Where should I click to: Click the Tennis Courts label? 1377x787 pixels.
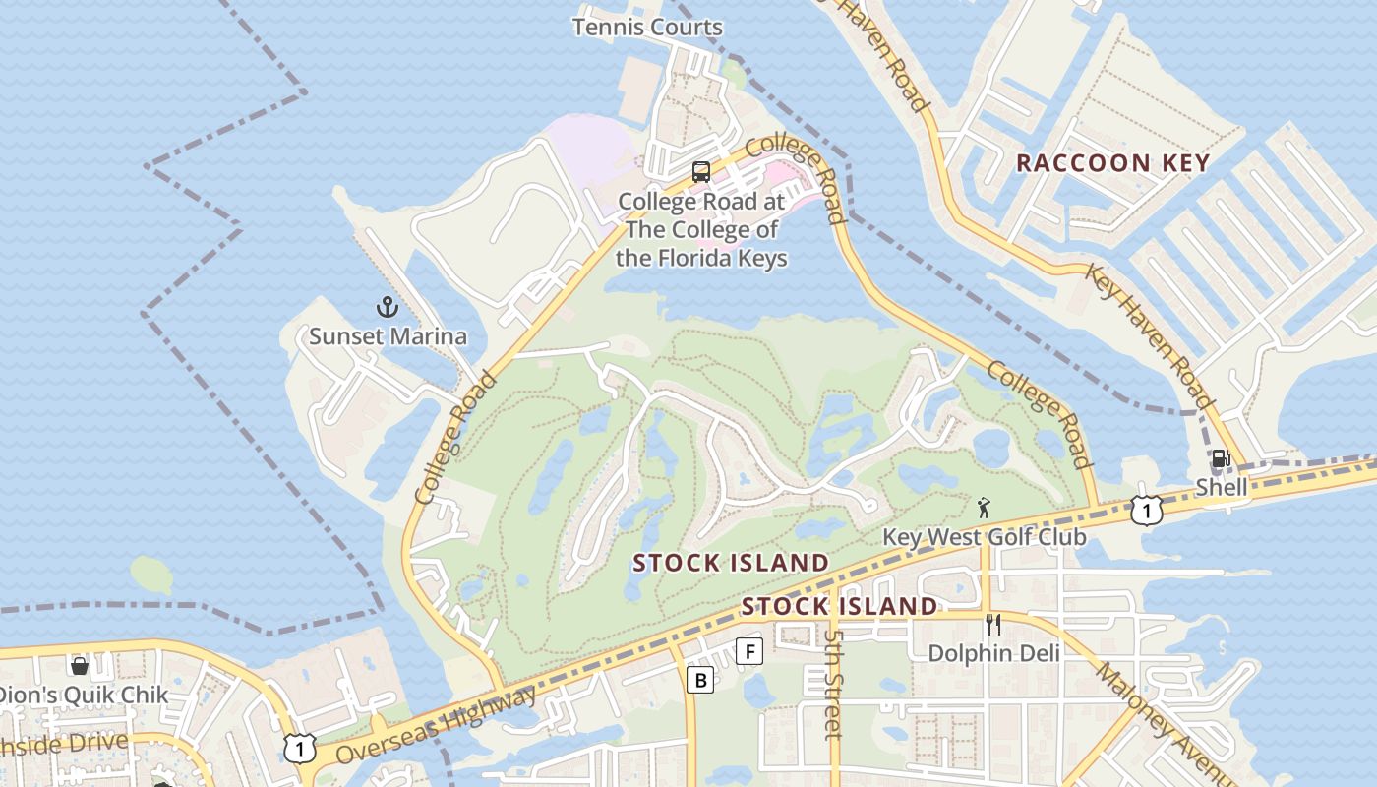[647, 27]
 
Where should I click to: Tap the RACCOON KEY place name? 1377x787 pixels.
[1112, 163]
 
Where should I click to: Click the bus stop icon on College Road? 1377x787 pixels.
[701, 172]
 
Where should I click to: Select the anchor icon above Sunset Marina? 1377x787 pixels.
[388, 307]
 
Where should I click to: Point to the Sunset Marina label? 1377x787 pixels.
[388, 336]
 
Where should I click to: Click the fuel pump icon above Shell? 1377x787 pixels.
[1221, 458]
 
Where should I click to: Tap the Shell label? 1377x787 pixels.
[1222, 487]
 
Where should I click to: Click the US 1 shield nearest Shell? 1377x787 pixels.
[1146, 510]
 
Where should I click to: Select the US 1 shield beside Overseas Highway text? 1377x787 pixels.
[300, 749]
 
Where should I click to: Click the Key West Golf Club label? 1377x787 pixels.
[985, 537]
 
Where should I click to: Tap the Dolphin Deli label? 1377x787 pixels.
[994, 653]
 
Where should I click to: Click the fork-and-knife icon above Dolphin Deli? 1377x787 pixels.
[993, 625]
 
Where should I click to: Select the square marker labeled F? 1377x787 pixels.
[749, 650]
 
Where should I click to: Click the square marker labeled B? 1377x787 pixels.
[700, 679]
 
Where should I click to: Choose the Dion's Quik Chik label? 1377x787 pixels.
[84, 695]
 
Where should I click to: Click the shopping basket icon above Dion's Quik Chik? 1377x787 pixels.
[80, 666]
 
